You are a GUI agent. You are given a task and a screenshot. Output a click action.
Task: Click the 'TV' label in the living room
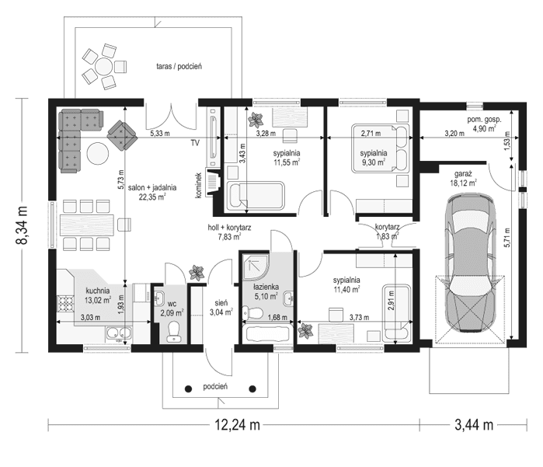[195, 144]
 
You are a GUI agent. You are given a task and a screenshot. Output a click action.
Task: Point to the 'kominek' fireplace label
[199, 184]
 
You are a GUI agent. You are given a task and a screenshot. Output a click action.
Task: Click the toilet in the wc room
[175, 329]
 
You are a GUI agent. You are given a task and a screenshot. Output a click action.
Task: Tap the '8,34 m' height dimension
[23, 225]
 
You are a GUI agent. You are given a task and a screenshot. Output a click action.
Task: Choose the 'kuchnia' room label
[86, 291]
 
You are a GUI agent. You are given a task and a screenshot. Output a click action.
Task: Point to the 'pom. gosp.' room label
[484, 120]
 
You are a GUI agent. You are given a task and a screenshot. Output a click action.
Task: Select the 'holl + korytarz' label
[230, 228]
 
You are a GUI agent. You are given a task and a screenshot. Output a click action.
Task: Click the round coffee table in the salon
[98, 152]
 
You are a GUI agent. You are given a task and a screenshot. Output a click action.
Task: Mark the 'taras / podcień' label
[179, 67]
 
